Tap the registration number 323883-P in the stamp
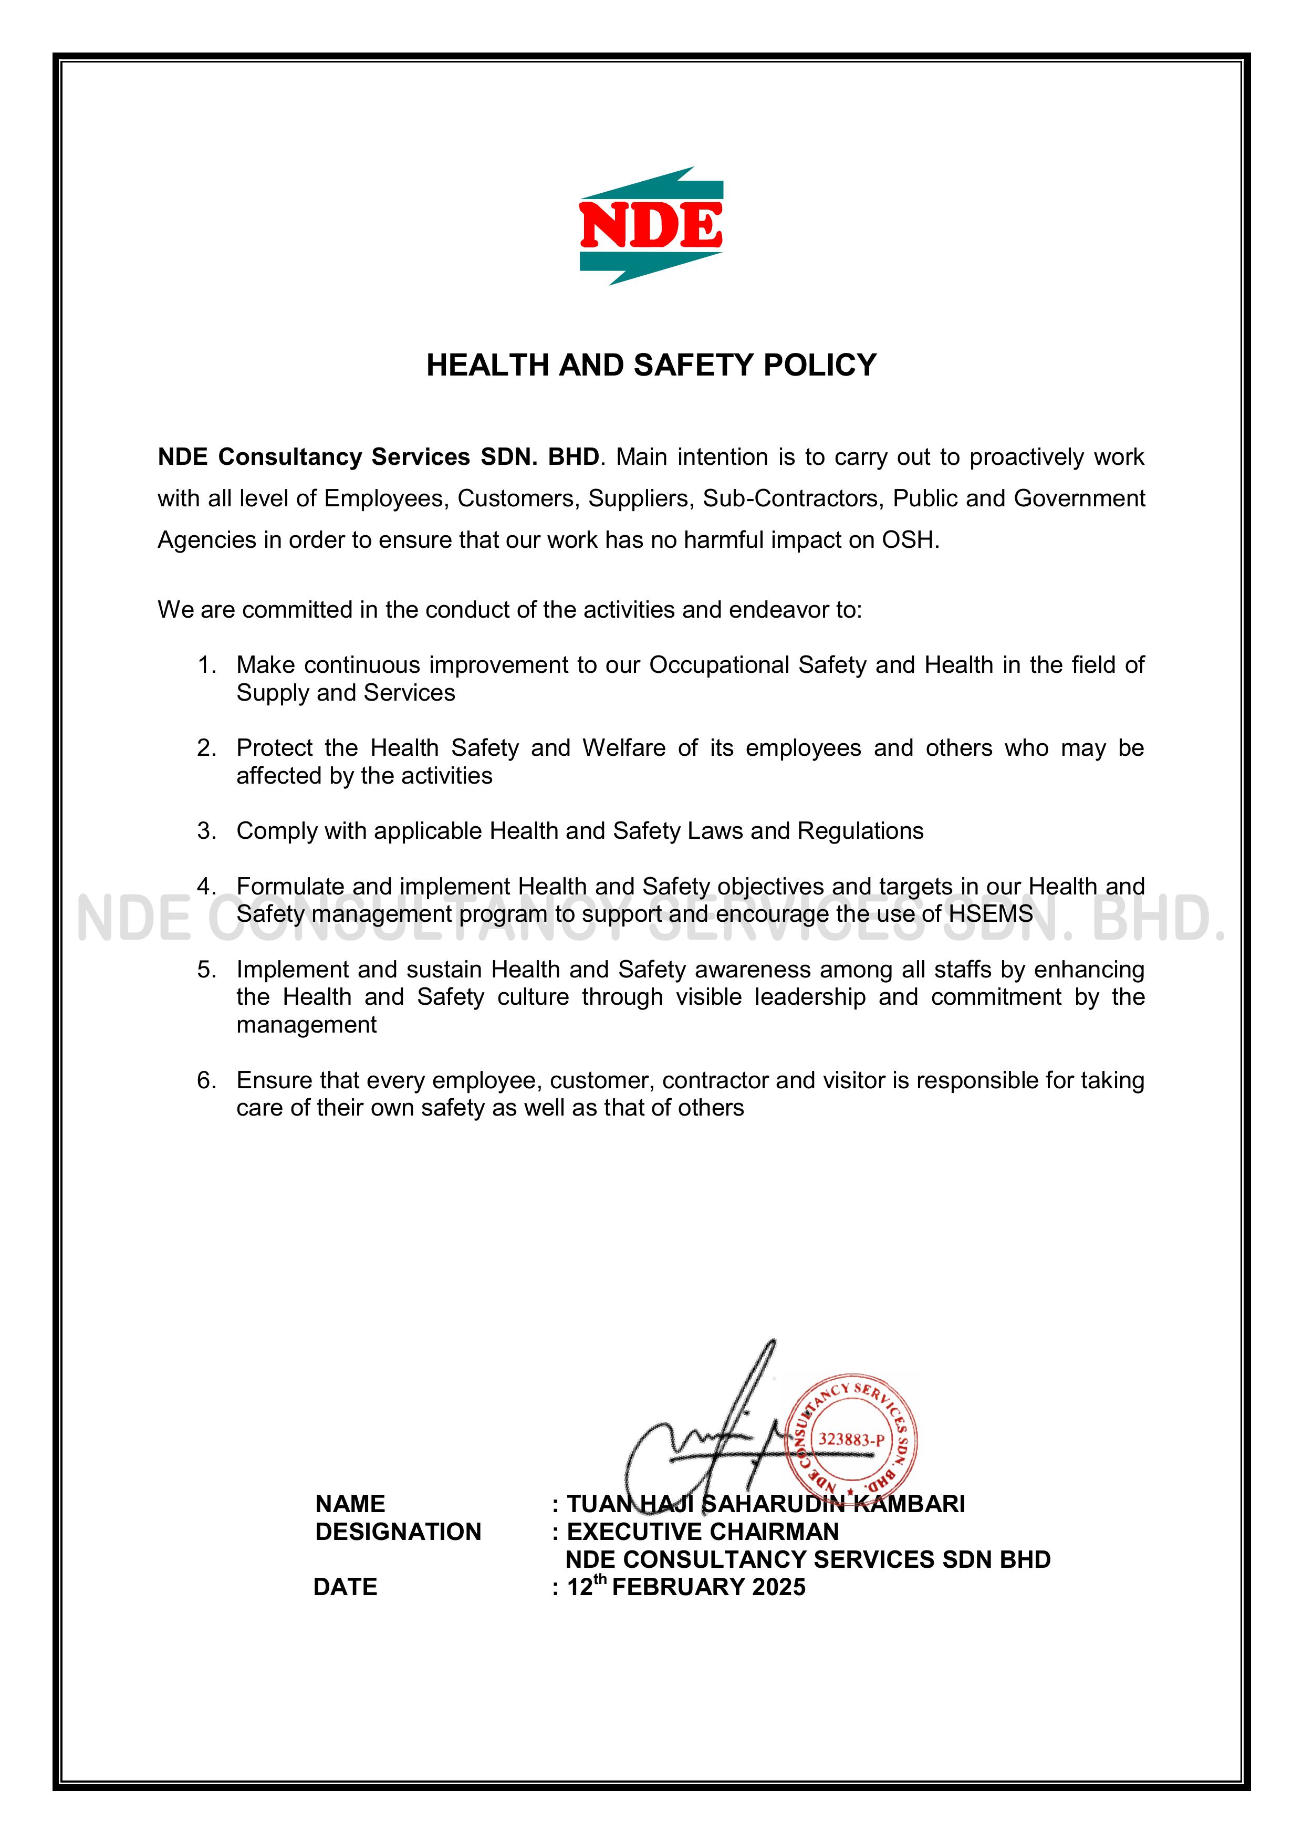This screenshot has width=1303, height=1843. pyautogui.click(x=851, y=1439)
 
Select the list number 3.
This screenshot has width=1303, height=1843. pyautogui.click(x=207, y=831)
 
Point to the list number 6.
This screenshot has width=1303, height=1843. pyautogui.click(x=207, y=1080)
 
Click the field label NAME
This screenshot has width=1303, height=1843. pyautogui.click(x=350, y=1504)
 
